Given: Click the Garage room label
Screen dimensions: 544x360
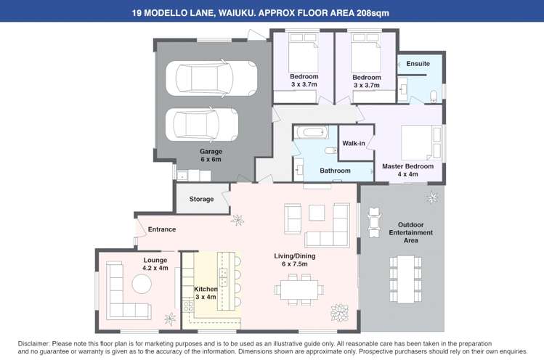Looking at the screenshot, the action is click(x=211, y=152).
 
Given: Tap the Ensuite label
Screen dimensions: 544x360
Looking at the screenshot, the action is click(x=418, y=64).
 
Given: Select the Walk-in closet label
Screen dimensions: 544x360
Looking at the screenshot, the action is click(x=354, y=143).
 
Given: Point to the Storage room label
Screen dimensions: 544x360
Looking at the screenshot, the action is click(x=201, y=199).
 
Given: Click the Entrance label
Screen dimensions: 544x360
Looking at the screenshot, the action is click(x=162, y=229).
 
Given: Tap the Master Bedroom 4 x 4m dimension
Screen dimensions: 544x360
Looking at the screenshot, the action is click(x=407, y=174).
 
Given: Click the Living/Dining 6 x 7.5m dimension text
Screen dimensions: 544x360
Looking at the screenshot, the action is click(x=295, y=264).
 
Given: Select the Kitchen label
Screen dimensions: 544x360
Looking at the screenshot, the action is click(x=206, y=289).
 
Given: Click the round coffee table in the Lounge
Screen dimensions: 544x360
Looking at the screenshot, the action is click(x=142, y=284).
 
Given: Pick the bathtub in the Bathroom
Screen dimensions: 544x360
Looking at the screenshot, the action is click(x=311, y=132).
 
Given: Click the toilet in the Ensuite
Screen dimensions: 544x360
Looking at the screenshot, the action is click(x=434, y=96).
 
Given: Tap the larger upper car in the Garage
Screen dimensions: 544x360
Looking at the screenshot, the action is click(x=211, y=78).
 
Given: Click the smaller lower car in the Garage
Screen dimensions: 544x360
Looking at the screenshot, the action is click(x=202, y=125).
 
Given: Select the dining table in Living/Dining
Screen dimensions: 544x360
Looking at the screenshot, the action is click(x=299, y=290).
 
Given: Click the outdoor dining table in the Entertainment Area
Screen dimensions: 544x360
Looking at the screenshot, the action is click(x=405, y=279).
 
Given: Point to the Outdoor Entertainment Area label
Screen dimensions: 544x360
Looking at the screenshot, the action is click(x=411, y=232).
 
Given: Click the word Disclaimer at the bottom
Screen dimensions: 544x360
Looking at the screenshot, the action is click(x=34, y=344).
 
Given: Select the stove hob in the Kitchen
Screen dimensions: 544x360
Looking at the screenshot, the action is click(x=188, y=306).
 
